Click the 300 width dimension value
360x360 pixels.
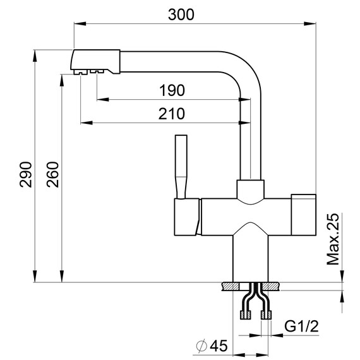181,14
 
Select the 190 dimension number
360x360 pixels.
172,90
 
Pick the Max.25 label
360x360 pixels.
334,239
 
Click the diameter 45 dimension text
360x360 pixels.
212,345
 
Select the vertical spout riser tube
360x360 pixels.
250,139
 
